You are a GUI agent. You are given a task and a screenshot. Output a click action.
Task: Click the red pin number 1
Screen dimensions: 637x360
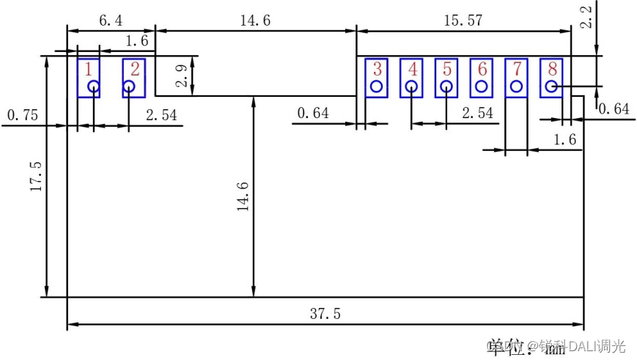coord(88,70)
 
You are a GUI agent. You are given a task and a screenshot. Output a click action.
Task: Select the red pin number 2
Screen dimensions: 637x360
coord(135,70)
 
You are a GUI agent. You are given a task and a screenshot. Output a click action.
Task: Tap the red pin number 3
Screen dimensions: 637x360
coord(377,70)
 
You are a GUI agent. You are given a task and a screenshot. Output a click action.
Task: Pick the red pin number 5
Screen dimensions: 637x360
coord(447,70)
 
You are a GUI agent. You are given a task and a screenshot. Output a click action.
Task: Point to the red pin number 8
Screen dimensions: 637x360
coord(552,70)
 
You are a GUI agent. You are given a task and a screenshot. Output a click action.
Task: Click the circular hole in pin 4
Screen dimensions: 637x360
coord(412,87)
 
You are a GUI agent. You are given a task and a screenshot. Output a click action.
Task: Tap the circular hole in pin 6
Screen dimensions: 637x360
coord(482,87)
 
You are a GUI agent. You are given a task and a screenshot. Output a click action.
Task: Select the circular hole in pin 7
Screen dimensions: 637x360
coord(517,87)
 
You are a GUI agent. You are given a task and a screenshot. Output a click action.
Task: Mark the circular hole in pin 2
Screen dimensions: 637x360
coord(129,87)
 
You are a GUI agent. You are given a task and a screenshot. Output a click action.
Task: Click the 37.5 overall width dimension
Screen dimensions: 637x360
coord(325,314)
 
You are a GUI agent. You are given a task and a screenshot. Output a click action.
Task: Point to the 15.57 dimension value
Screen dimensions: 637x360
coord(463,21)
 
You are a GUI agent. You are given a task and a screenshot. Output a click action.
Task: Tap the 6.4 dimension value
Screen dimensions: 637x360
coord(111,21)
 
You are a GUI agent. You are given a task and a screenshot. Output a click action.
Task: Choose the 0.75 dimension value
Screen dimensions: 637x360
coord(23,115)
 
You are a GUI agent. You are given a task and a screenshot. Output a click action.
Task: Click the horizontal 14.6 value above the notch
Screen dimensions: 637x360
coord(255,21)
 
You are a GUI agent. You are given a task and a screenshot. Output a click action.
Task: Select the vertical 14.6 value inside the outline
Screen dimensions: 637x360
coord(243,197)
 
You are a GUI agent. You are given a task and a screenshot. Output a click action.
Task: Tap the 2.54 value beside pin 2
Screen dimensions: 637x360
coord(161,115)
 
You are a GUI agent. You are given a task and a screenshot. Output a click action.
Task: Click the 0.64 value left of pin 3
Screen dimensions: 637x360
coord(313,113)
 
